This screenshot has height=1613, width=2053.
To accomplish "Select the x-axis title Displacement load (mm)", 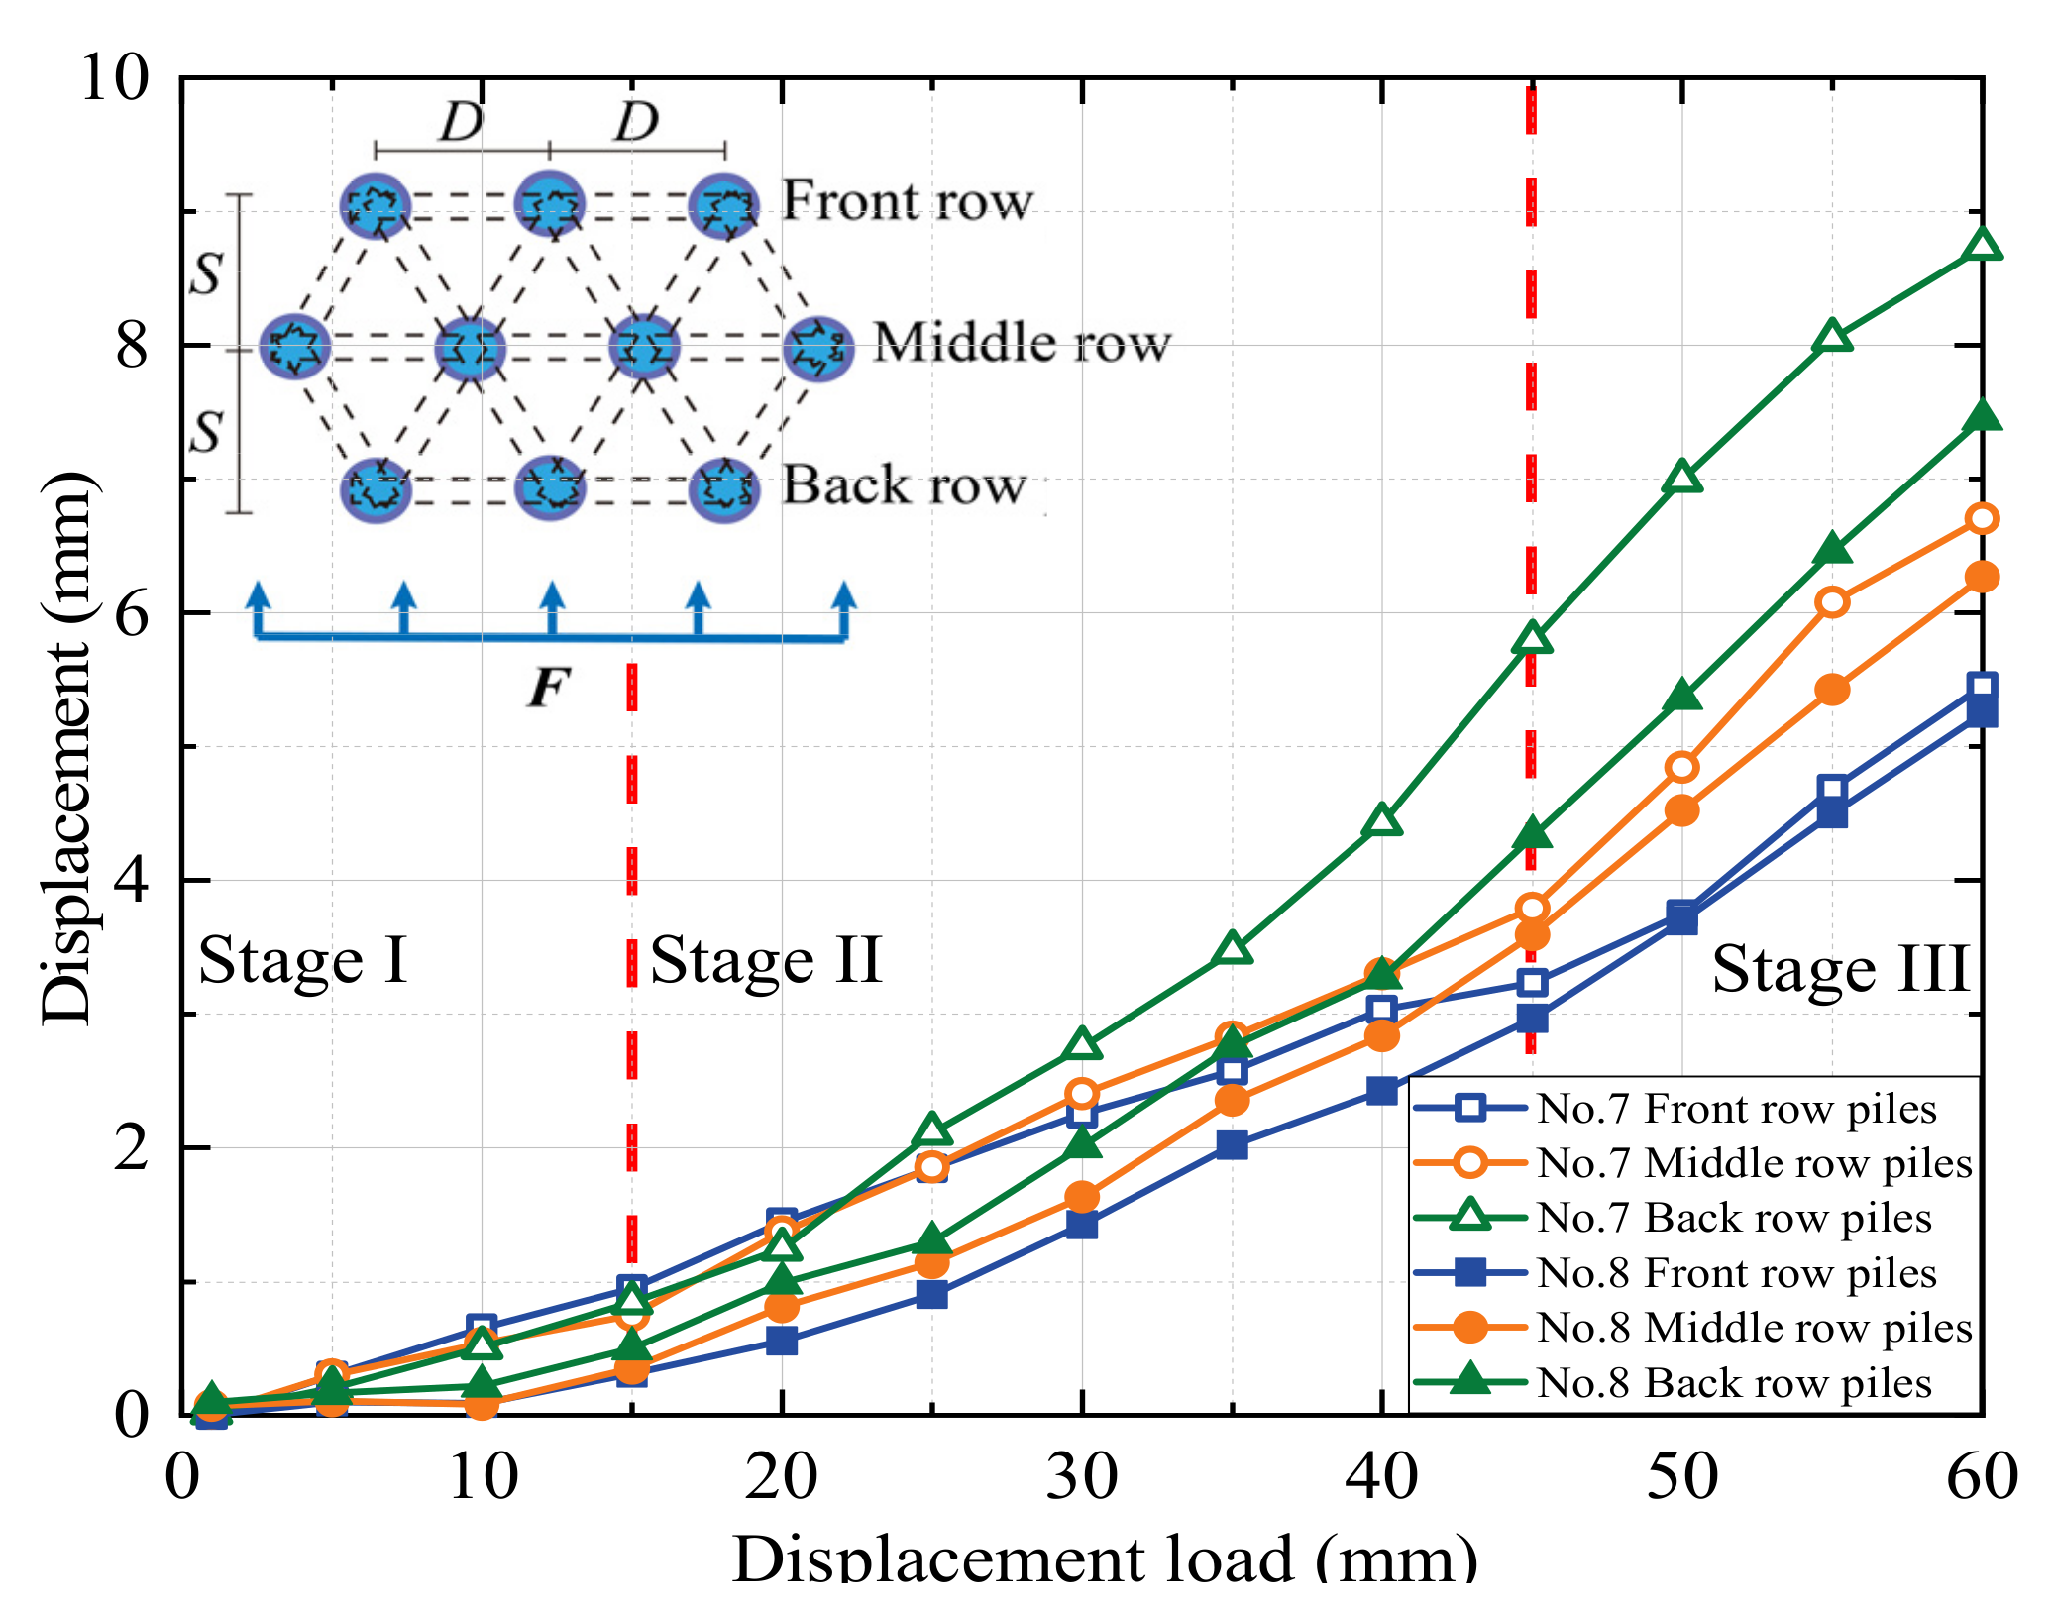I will [x=1104, y=1559].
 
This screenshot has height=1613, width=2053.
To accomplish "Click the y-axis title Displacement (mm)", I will [x=67, y=748].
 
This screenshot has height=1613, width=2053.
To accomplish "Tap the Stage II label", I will [x=765, y=960].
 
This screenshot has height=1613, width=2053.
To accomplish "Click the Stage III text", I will [x=1840, y=969].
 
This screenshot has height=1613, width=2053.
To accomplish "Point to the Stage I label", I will [x=303, y=960].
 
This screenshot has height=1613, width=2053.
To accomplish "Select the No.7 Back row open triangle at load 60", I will [x=1982, y=245].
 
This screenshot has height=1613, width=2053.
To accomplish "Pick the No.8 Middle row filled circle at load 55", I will [x=1832, y=690].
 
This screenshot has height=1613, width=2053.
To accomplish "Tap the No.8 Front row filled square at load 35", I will [x=1232, y=1145].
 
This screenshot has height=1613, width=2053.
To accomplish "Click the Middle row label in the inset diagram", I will [x=1022, y=343].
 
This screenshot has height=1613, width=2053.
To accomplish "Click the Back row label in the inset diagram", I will [x=904, y=485].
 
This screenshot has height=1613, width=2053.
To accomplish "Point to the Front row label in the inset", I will [x=907, y=201].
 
